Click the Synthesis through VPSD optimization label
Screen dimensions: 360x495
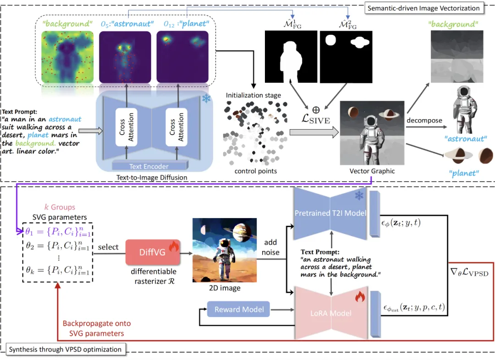[65, 349]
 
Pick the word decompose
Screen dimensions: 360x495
[423, 120]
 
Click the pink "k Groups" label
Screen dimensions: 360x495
[60, 207]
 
